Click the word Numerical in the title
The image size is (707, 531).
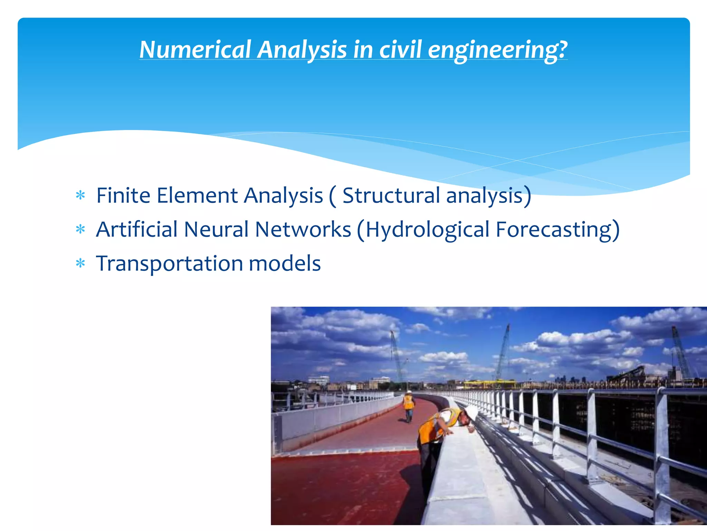click(x=195, y=49)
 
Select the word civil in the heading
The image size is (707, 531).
click(x=400, y=49)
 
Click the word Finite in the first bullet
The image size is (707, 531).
click(x=123, y=195)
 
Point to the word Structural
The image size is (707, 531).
click(x=391, y=195)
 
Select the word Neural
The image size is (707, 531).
click(x=216, y=229)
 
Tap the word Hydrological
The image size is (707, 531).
click(x=427, y=230)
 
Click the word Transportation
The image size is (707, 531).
click(x=170, y=264)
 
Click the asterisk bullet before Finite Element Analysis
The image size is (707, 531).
click(x=80, y=196)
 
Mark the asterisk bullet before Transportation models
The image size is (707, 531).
click(x=80, y=264)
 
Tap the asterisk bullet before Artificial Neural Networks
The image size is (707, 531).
click(x=80, y=230)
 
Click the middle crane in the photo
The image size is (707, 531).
click(x=503, y=353)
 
